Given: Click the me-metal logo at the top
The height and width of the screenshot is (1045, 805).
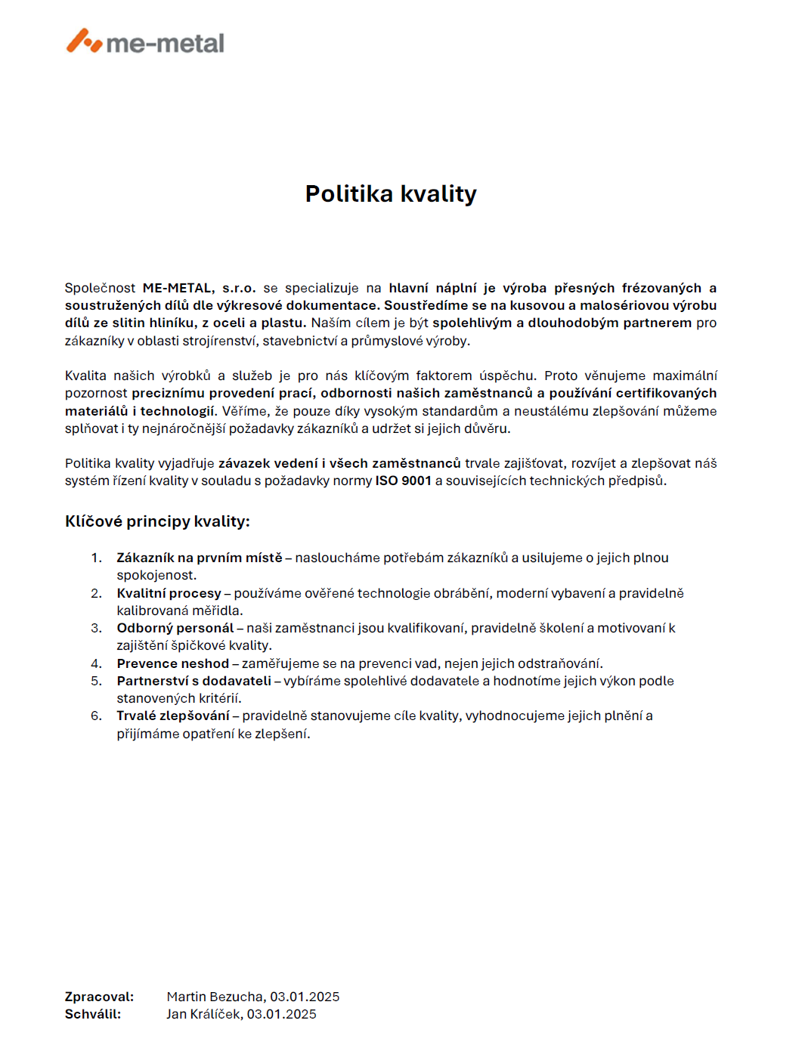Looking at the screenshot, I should [x=145, y=42].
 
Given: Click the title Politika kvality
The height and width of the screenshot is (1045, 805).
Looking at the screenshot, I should [x=391, y=194].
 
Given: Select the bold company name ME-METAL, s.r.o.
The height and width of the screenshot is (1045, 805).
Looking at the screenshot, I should [x=199, y=288].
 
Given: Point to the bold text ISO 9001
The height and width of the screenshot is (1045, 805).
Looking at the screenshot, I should [x=403, y=481].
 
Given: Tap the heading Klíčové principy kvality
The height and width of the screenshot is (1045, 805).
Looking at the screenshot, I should [x=157, y=521].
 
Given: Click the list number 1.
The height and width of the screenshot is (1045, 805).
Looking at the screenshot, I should [x=96, y=558].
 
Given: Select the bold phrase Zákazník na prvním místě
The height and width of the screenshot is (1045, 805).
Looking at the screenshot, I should [x=199, y=558].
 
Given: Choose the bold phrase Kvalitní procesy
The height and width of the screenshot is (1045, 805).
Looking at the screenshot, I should [x=169, y=593].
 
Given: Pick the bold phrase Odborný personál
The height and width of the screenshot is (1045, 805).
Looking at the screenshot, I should [x=175, y=628].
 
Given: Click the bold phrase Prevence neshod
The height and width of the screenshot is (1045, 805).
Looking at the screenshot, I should [x=172, y=663].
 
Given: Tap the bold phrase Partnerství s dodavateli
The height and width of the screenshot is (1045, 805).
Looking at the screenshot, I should [x=194, y=681].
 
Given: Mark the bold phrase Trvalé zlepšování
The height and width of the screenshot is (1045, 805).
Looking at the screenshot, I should [x=172, y=716].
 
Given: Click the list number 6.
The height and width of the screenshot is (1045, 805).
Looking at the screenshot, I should [x=96, y=716].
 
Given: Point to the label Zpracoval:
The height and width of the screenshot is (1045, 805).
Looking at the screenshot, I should [x=99, y=997].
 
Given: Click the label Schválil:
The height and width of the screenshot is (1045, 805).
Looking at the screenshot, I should [x=93, y=1014].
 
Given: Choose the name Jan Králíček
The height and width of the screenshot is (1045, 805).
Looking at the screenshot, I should [x=203, y=1014].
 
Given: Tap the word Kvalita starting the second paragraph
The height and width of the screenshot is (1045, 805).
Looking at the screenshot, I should [x=85, y=376].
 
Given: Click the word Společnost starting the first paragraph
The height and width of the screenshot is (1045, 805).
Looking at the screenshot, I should [x=100, y=288].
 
